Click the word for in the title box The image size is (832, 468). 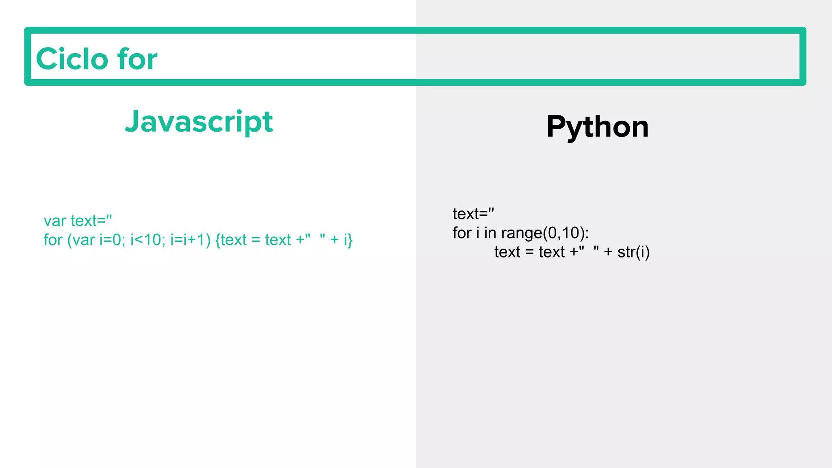137,59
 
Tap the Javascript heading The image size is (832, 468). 199,122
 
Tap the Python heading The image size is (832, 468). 597,127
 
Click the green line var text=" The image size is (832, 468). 78,221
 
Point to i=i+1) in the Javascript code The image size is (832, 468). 190,240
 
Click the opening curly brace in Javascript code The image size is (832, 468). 218,240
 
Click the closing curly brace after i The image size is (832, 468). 350,240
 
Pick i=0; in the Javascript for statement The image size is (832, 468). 112,240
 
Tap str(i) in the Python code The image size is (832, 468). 633,252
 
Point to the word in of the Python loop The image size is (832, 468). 490,233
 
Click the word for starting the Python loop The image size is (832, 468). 462,233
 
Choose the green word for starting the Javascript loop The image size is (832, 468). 53,240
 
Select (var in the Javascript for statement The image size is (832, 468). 81,240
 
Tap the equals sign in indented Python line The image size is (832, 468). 529,252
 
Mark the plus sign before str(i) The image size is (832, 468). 608,252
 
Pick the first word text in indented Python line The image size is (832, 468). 507,252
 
